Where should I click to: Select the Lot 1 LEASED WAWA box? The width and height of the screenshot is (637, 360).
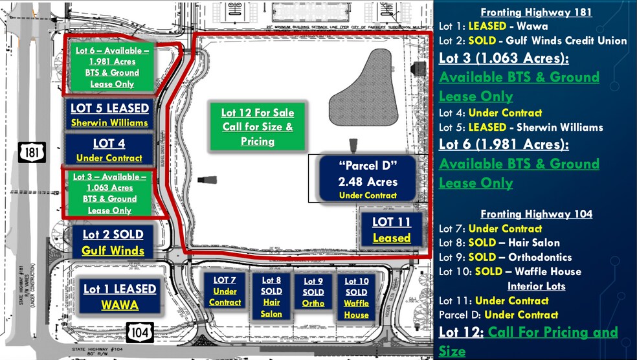pyautogui.click(x=119, y=297)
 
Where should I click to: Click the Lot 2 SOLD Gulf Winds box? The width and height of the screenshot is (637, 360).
pyautogui.click(x=113, y=242)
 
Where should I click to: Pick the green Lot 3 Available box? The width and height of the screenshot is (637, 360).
pyautogui.click(x=109, y=193)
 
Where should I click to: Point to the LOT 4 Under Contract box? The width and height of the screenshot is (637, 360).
pyautogui.click(x=109, y=150)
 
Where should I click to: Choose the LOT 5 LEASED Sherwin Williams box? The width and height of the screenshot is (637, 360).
pyautogui.click(x=109, y=115)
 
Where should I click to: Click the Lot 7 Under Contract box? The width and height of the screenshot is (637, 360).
pyautogui.click(x=225, y=291)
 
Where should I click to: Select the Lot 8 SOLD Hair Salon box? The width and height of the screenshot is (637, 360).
pyautogui.click(x=271, y=297)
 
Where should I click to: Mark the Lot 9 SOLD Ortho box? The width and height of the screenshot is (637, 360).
pyautogui.click(x=313, y=292)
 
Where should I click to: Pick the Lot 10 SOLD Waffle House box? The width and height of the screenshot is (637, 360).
pyautogui.click(x=356, y=298)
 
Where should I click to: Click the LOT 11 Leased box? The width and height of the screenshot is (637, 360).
pyautogui.click(x=392, y=230)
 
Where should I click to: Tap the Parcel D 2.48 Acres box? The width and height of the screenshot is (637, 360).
pyautogui.click(x=368, y=179)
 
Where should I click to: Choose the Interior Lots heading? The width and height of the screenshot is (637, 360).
pyautogui.click(x=536, y=286)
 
